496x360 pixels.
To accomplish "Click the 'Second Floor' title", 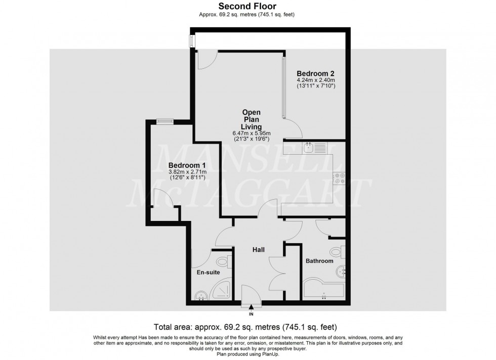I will (246, 7).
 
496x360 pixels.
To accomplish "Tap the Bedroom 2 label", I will (316, 72).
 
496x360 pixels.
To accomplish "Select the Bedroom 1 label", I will (187, 165).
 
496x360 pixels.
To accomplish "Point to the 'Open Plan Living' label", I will (252, 119).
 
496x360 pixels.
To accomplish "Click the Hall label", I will (260, 249).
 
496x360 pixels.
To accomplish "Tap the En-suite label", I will (208, 273).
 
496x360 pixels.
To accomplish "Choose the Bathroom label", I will (319, 261).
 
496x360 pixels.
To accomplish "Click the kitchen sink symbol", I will (310, 148).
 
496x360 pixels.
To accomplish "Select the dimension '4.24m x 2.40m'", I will (316, 79).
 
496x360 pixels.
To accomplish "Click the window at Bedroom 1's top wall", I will (164, 120).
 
